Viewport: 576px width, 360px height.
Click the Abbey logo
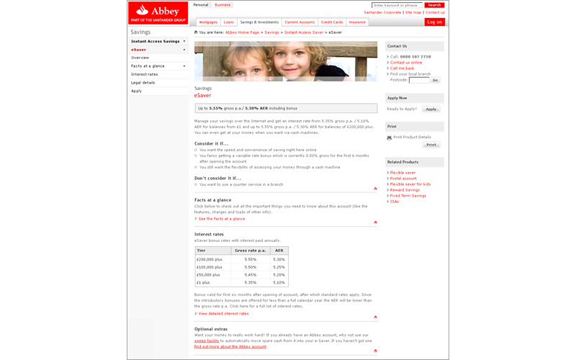click(158, 12)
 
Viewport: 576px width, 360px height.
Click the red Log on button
click(435, 22)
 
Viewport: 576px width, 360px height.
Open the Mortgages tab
click(207, 22)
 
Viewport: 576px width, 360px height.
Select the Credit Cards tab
click(332, 22)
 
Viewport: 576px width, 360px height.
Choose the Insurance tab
click(357, 22)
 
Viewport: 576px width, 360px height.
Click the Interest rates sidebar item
click(145, 74)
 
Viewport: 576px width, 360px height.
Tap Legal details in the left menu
click(143, 83)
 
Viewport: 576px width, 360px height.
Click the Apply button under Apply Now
click(431, 109)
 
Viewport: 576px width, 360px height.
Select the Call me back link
click(402, 68)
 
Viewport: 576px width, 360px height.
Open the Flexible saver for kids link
click(410, 184)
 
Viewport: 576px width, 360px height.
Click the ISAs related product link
click(395, 202)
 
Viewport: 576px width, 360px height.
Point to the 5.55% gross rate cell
click(251, 259)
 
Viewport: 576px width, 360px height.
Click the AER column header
click(279, 251)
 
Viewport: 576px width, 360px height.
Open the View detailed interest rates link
click(223, 313)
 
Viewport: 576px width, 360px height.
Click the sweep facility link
click(207, 341)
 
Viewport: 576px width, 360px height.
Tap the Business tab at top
click(222, 5)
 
